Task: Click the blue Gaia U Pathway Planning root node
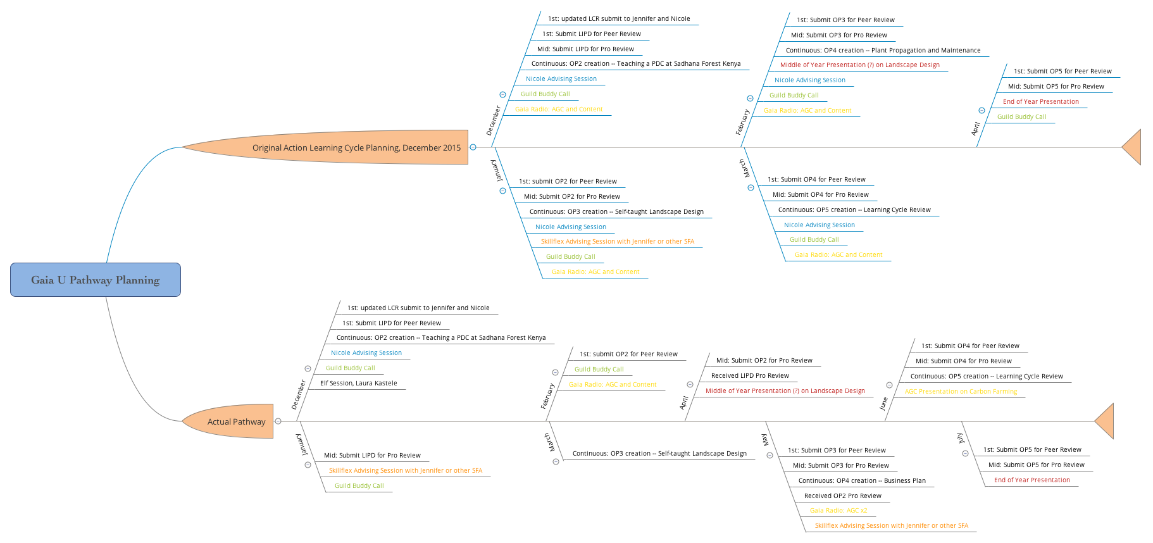point(96,280)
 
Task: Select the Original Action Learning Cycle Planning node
point(356,147)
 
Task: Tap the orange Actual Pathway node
point(236,421)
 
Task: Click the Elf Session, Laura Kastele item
point(359,383)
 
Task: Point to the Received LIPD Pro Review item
point(750,375)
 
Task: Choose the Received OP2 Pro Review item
point(842,496)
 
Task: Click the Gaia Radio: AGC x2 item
point(838,510)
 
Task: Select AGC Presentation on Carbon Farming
point(961,391)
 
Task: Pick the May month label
point(765,439)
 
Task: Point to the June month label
point(883,404)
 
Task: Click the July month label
point(960,438)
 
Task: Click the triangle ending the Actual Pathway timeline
point(1106,421)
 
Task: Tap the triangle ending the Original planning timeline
point(1133,147)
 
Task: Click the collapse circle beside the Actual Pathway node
point(278,421)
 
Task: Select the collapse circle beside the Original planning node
point(473,147)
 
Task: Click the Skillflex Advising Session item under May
point(891,525)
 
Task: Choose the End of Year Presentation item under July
point(1031,480)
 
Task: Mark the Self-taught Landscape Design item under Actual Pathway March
point(659,453)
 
